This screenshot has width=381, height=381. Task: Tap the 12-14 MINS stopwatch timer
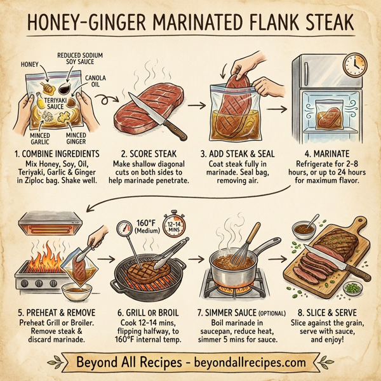point(175,227)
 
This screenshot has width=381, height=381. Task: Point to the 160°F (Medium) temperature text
point(149,227)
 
